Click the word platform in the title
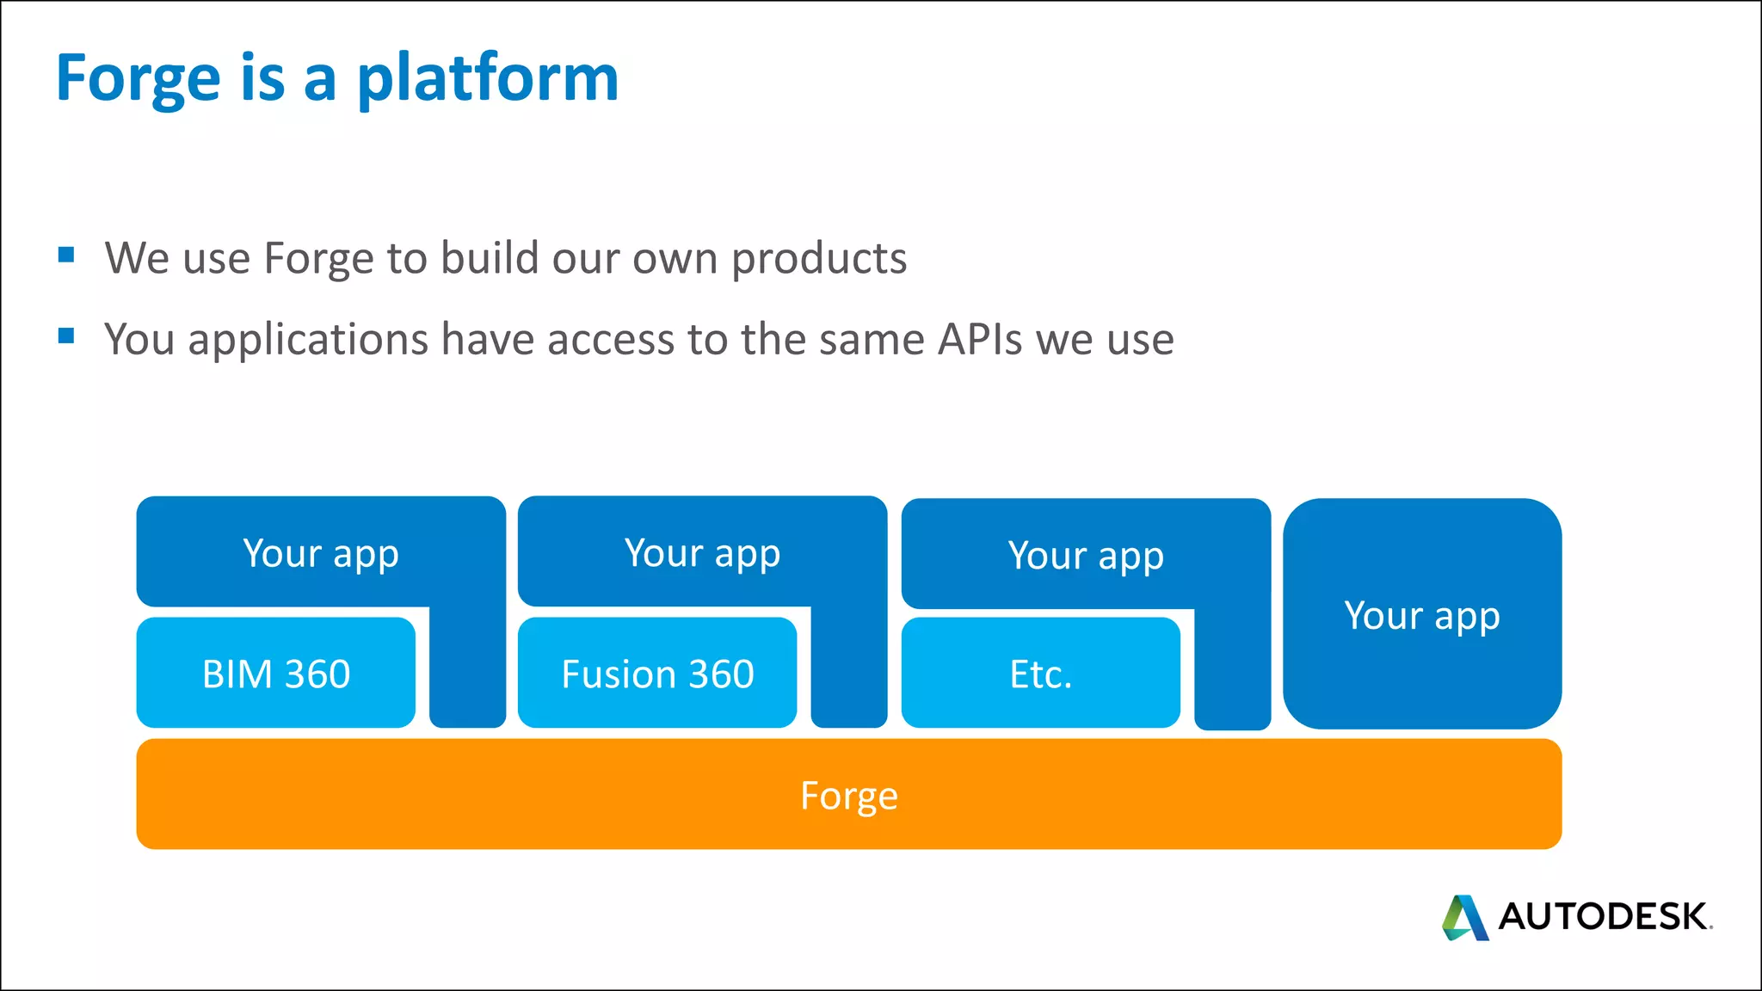pos(488,79)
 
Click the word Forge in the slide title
pos(138,79)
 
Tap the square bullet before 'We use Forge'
pos(66,255)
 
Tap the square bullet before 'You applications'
pos(66,335)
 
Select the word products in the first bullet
pos(819,258)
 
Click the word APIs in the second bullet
pos(980,339)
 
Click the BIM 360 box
pos(275,674)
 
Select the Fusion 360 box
pos(657,674)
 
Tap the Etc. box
pos(1040,674)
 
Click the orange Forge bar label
pos(848,796)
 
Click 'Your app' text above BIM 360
pos(321,553)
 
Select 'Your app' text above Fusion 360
pos(702,553)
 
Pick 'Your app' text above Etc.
pos(1086,556)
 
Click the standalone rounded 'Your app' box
pos(1421,616)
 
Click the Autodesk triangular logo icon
pos(1464,918)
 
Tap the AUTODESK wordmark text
pos(1603,917)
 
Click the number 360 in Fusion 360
pos(721,674)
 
